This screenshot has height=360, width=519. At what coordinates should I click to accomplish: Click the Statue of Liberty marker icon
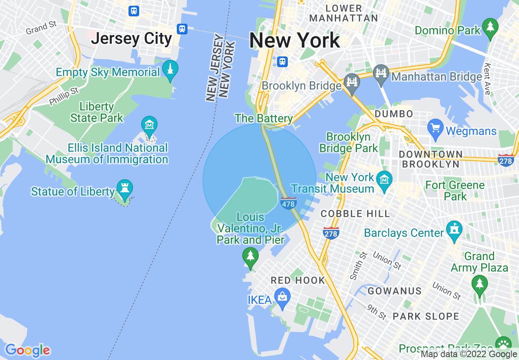125,187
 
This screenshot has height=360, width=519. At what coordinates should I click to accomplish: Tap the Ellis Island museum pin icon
149,124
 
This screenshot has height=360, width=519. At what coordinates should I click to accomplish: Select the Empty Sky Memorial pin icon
170,68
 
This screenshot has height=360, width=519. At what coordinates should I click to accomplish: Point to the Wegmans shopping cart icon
435,127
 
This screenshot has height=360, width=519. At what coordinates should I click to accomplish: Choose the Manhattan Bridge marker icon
381,73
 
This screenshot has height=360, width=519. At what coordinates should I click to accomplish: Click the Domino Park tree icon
490,27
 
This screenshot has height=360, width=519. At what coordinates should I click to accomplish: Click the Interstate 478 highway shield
289,203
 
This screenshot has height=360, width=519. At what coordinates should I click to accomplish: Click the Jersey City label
131,39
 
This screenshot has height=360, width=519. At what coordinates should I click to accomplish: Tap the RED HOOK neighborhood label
298,281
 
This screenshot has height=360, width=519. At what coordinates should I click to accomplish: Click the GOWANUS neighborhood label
395,291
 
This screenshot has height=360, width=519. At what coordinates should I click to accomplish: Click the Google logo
27,350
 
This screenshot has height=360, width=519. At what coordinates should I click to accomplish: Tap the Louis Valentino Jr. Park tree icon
250,256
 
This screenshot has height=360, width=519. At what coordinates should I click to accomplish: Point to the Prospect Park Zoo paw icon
503,344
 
